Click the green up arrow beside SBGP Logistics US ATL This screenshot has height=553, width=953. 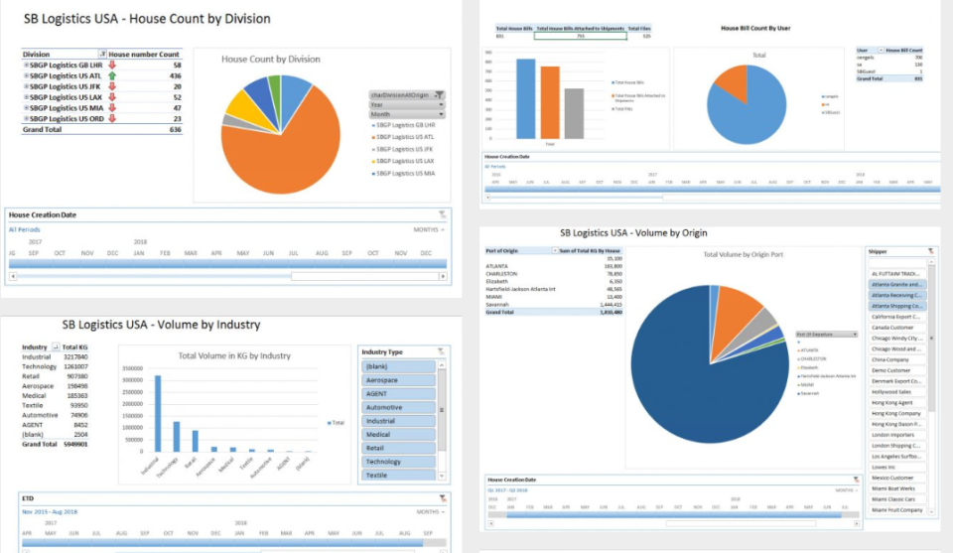tap(112, 75)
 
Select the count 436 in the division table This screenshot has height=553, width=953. tap(175, 75)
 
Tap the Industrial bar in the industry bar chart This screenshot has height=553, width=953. tap(157, 413)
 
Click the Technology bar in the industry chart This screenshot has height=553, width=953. tap(176, 436)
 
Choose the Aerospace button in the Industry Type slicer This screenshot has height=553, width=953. tap(396, 380)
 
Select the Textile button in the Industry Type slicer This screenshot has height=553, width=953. tap(396, 475)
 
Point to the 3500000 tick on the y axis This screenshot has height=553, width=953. tap(134, 366)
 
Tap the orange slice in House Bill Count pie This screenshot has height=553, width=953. tap(733, 83)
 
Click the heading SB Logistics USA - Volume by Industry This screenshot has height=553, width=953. tap(161, 324)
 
